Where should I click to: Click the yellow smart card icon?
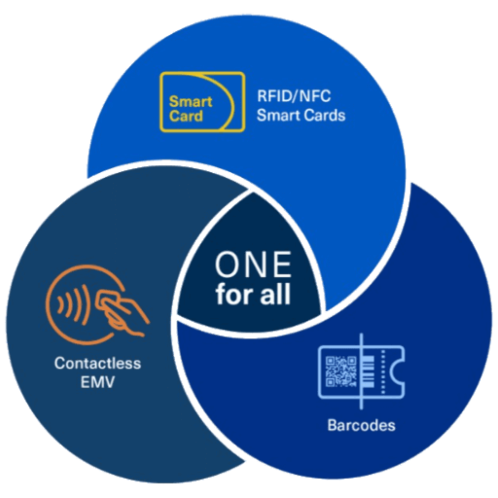pos(202,102)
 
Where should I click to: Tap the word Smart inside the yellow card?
pos(191,101)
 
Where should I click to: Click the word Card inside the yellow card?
pos(186,116)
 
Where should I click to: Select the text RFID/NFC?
pos(294,96)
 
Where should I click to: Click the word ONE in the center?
pos(253,265)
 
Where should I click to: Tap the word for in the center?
pos(234,294)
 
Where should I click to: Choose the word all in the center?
pos(275,294)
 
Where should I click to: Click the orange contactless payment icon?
pos(97,304)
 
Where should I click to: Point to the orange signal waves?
pos(73,304)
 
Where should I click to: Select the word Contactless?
pos(97,363)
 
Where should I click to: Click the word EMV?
pos(97,382)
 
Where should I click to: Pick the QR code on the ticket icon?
pos(340,372)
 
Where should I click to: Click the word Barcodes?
pos(362,425)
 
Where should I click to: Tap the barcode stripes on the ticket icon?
pos(369,372)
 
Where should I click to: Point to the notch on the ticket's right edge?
pos(398,372)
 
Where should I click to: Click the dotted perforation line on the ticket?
pos(383,372)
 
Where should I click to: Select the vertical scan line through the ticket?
pos(362,372)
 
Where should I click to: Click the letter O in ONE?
pos(227,265)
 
